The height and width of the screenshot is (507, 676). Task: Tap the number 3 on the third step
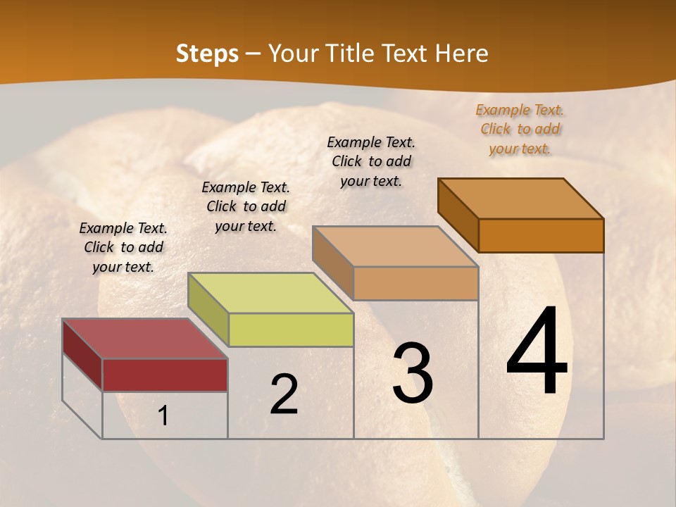tap(413, 373)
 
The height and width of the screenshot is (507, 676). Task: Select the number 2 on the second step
tap(284, 394)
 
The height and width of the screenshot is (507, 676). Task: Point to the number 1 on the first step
tap(163, 416)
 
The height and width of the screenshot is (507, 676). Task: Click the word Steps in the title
tap(207, 54)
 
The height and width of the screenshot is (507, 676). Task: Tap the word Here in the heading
tap(462, 54)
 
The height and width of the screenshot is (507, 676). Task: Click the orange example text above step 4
tap(520, 129)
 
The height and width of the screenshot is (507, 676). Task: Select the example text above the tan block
tap(371, 161)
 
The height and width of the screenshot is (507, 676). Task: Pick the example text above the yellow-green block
tap(246, 206)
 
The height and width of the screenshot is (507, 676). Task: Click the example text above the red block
tap(123, 247)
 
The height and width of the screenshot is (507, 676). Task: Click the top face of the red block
tap(144, 339)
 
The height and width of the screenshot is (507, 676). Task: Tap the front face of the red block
tap(165, 375)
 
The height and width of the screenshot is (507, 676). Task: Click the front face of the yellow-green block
tap(291, 330)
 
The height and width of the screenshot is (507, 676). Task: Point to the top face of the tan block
tap(395, 246)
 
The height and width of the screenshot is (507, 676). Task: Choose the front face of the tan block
tap(415, 283)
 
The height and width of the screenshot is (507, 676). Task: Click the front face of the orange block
tap(541, 235)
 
